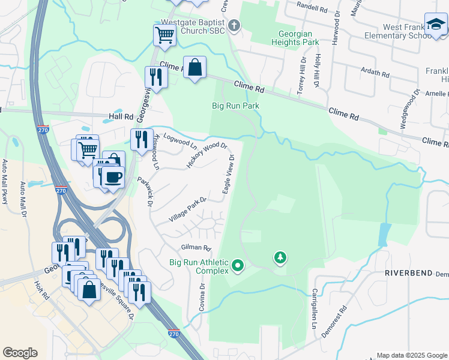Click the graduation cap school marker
click(435, 25)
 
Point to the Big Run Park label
click(235, 106)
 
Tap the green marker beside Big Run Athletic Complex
click(238, 265)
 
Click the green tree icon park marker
click(280, 258)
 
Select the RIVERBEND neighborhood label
click(409, 273)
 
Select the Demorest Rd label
click(343, 325)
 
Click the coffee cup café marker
click(112, 177)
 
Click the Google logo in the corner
click(20, 353)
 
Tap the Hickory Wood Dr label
click(207, 155)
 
